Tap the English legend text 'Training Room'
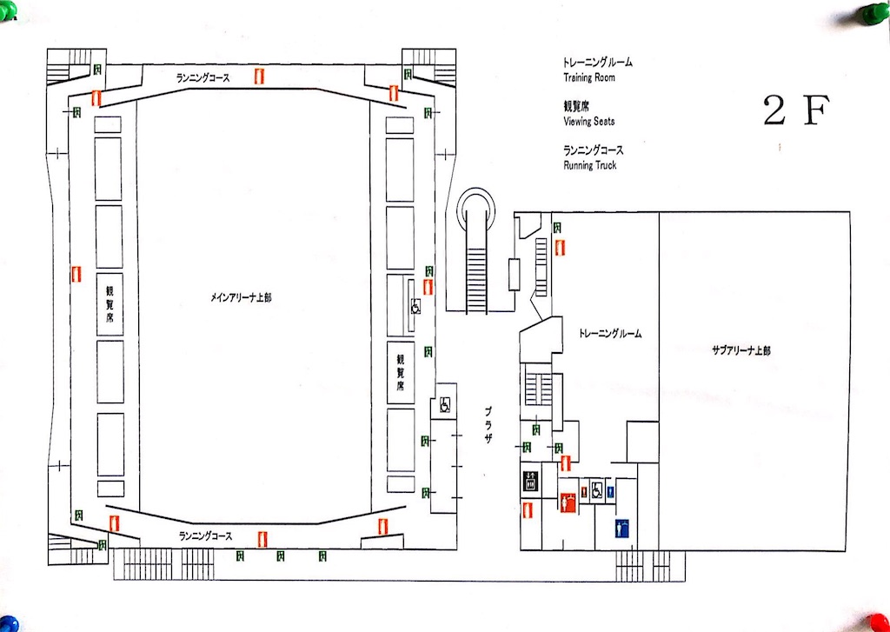coord(589,78)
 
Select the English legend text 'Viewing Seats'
coord(589,122)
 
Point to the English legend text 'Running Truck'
coord(590,165)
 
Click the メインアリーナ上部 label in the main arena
coord(241,297)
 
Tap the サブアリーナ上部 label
coord(741,350)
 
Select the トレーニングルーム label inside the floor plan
coord(609,334)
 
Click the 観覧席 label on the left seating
coord(110,305)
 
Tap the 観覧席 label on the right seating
coord(402,372)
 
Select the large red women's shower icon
coord(568,502)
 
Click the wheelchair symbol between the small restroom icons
coord(597,489)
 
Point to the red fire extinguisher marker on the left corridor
coord(76,274)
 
